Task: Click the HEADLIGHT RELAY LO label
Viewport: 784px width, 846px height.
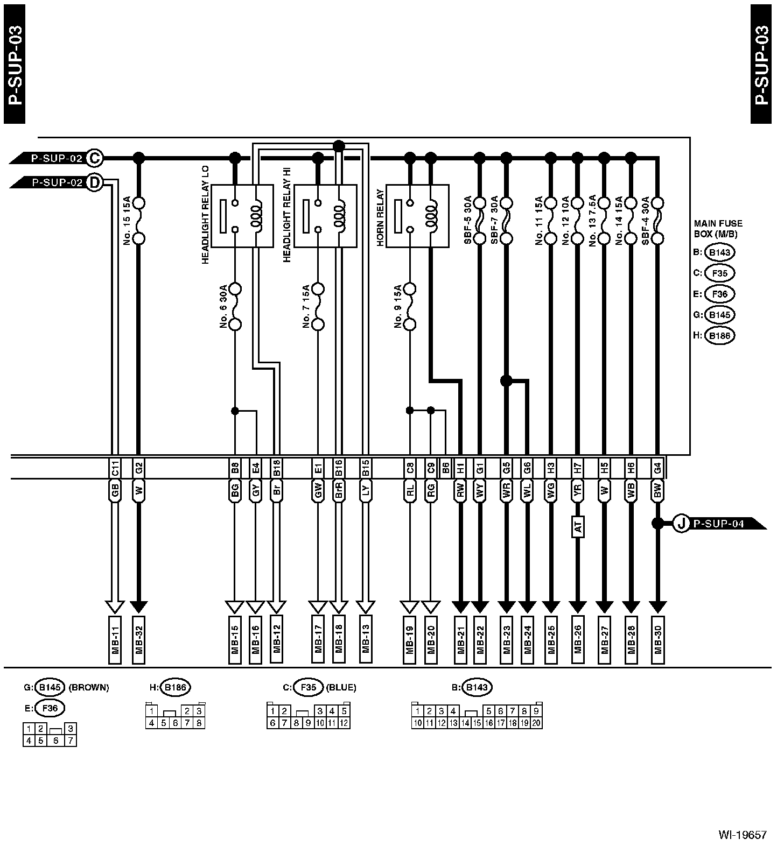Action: (x=206, y=215)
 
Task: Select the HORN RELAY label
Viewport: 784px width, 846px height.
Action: (x=380, y=217)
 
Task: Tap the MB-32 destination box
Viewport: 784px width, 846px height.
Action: (x=138, y=639)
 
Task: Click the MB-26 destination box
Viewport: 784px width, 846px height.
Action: (x=578, y=639)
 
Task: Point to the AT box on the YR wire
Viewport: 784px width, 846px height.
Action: (x=578, y=527)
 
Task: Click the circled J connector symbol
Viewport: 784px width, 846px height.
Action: (x=682, y=523)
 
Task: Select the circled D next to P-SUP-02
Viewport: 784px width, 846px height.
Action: (x=95, y=182)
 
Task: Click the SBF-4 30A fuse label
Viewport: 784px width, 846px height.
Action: (x=646, y=220)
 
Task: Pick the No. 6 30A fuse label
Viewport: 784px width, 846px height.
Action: (x=223, y=305)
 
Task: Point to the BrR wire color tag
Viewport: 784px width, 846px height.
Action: (x=339, y=491)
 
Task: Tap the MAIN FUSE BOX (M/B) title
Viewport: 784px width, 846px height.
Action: (x=718, y=229)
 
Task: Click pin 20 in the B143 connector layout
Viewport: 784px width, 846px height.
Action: (x=536, y=723)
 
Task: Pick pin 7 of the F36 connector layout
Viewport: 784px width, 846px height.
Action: (x=70, y=741)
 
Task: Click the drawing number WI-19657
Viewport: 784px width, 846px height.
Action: (x=743, y=835)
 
